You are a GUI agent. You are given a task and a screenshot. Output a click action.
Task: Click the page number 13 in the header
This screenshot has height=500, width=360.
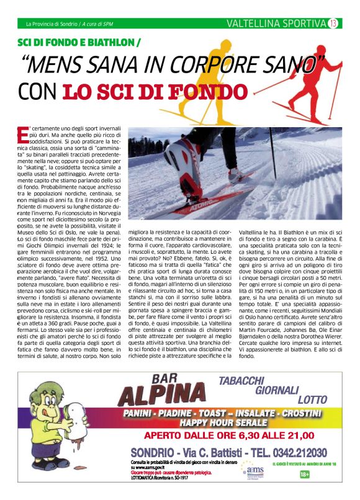(x=333, y=24)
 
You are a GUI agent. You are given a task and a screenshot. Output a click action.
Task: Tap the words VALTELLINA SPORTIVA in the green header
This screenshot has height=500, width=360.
(x=276, y=24)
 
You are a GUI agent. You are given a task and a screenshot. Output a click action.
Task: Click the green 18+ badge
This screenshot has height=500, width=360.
(x=305, y=475)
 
